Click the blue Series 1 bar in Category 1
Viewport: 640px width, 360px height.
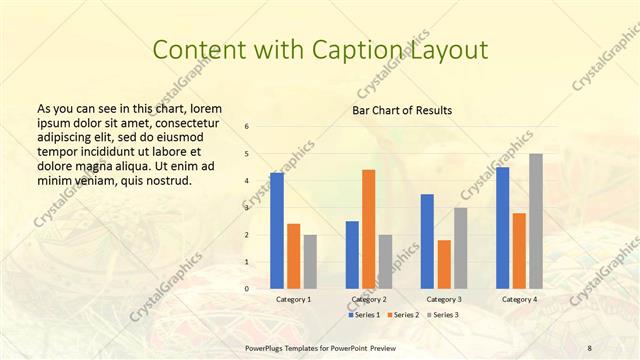click(x=277, y=231)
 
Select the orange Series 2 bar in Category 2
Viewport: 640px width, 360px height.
click(x=368, y=229)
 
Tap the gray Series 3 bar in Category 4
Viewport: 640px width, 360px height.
click(x=536, y=221)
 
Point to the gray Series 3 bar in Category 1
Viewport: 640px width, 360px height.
click(x=310, y=262)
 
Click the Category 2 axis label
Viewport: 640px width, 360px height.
click(x=369, y=299)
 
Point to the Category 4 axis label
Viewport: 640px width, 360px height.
click(x=519, y=299)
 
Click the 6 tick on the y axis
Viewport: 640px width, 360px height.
click(x=247, y=127)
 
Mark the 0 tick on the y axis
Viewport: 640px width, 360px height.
click(x=247, y=289)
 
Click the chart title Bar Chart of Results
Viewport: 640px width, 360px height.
click(x=402, y=110)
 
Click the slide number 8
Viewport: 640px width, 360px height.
click(x=589, y=347)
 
